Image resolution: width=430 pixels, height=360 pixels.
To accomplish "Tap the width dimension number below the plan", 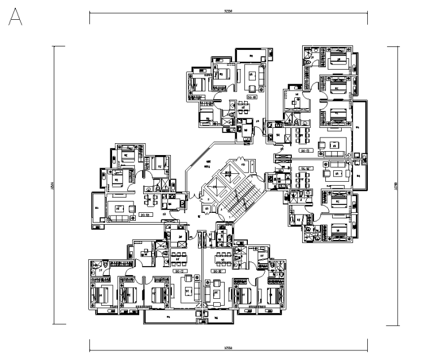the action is [229, 346].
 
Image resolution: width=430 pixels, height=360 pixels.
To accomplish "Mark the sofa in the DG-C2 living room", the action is [197, 293].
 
